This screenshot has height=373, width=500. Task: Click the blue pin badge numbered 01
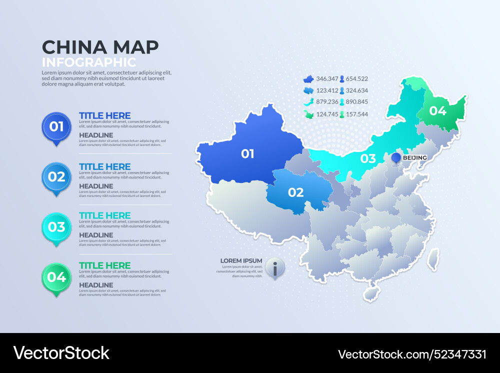(56, 126)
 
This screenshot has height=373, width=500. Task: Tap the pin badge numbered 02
(56, 176)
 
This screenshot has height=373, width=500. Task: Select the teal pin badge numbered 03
(56, 227)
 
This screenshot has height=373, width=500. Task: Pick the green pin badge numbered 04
(56, 277)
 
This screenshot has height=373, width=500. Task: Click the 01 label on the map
(247, 153)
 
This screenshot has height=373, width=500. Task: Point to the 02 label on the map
(295, 192)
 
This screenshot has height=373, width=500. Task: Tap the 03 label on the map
(368, 159)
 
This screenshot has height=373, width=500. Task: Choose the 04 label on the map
(437, 111)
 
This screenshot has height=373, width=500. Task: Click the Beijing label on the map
(415, 158)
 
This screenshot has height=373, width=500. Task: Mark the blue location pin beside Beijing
(396, 158)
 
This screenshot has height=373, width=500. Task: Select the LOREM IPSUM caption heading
(241, 260)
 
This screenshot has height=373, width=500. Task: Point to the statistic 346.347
(327, 78)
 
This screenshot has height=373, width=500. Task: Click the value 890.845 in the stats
(356, 102)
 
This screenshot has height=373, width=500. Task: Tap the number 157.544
(356, 114)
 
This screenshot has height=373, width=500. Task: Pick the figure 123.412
(327, 90)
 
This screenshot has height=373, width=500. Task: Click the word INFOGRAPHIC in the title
(89, 62)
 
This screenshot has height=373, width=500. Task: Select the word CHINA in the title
(74, 47)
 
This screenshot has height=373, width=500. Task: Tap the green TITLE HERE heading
(104, 265)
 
